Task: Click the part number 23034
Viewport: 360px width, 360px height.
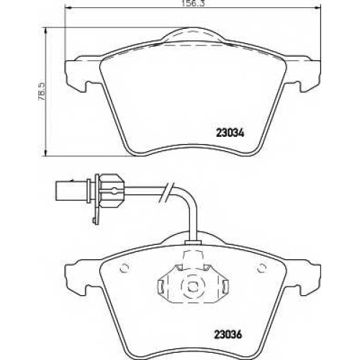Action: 230,132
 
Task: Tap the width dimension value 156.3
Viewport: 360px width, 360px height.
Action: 194,4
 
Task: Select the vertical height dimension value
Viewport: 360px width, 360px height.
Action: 42,91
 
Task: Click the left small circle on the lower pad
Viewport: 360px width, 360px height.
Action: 125,268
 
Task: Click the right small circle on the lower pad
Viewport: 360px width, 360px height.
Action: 261,268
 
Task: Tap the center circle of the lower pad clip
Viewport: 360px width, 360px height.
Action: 192,286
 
